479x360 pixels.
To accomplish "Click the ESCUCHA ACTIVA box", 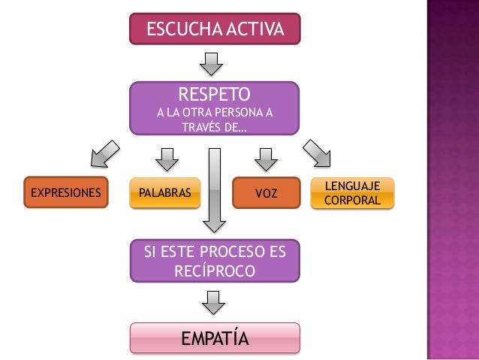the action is [x=215, y=30].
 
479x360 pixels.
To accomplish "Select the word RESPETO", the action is [x=214, y=95].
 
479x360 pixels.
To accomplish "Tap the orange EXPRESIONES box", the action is [x=65, y=192].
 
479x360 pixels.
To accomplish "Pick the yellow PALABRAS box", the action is [x=164, y=193].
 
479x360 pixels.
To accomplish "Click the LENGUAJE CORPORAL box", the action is [x=351, y=193].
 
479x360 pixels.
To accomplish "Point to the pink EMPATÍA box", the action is [x=215, y=338].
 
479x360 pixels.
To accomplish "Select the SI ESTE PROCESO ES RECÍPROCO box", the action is [x=215, y=260].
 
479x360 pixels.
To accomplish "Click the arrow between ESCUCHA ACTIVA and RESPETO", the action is [x=215, y=63].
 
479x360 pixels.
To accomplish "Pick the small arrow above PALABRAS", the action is [x=166, y=159].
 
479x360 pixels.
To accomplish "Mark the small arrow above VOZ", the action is [x=264, y=159].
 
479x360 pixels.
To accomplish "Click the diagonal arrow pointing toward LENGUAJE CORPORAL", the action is [x=318, y=153].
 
